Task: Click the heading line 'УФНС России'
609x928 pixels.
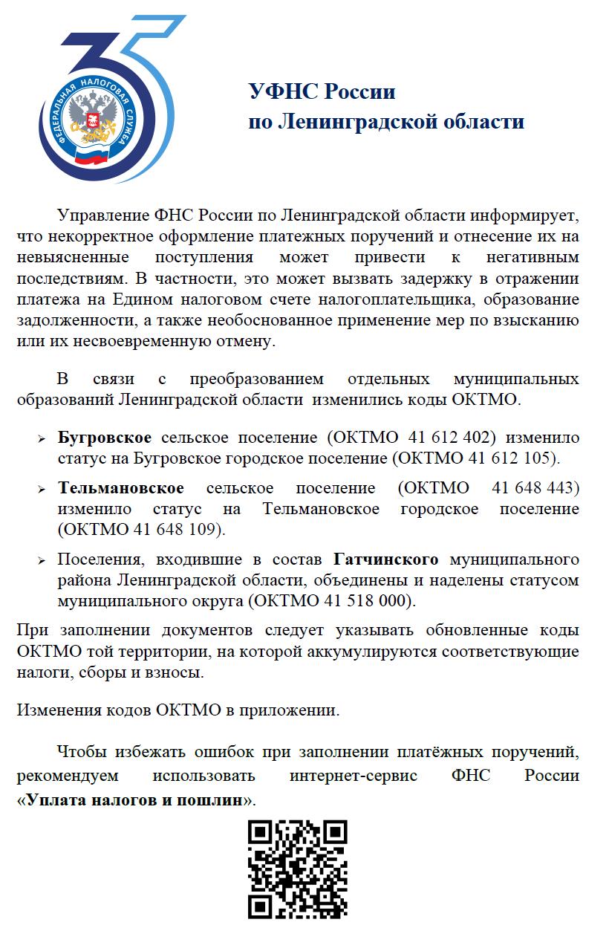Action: (322, 92)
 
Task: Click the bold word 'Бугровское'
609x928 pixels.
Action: (105, 437)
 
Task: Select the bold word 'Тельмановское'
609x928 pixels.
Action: (121, 488)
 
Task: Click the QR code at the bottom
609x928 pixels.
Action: (297, 868)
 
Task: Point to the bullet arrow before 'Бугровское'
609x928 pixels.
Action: (42, 439)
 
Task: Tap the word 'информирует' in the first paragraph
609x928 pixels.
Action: (523, 216)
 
